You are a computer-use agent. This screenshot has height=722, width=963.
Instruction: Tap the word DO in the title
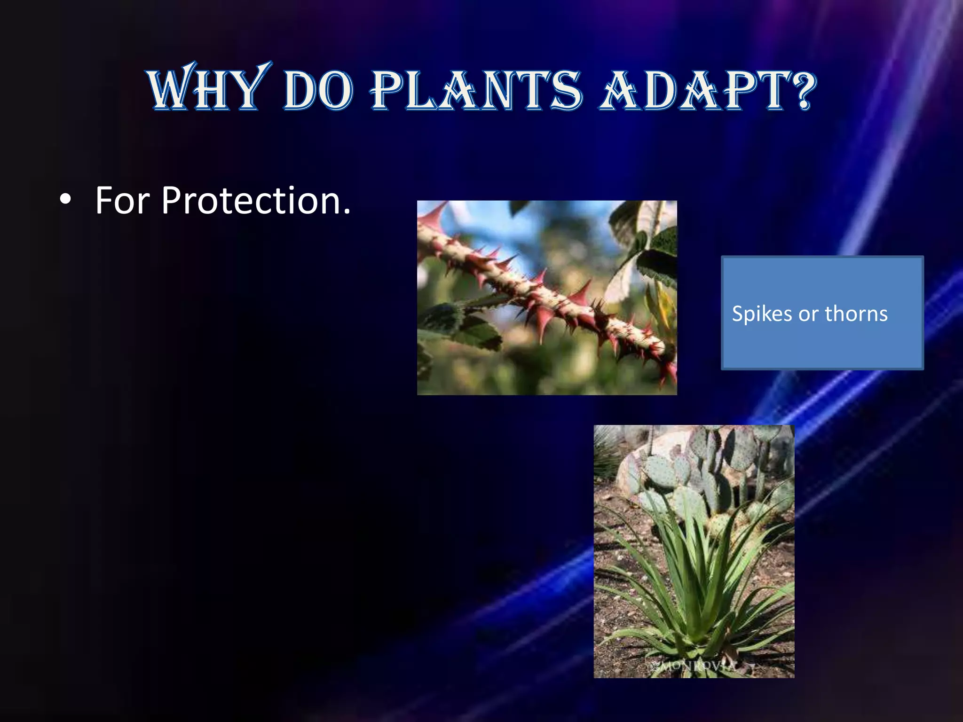point(318,90)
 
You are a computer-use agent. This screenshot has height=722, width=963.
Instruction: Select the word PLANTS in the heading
point(477,90)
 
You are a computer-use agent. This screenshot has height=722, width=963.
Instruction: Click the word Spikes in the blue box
point(761,314)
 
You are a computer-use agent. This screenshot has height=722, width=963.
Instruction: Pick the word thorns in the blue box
point(856,314)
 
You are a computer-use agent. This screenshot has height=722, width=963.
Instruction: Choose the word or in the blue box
point(808,314)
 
